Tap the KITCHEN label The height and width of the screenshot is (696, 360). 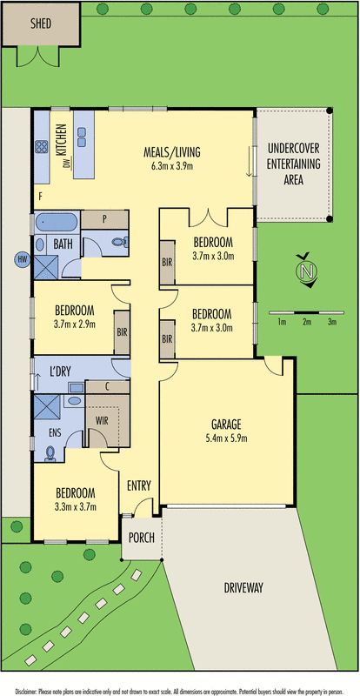coord(61,138)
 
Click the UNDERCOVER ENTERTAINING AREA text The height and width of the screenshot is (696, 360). coord(293,164)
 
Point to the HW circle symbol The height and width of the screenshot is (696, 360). coord(22,259)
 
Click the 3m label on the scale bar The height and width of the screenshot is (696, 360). coord(331,322)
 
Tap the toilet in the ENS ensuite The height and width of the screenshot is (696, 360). coord(51,453)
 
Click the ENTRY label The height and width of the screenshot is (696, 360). coord(139,485)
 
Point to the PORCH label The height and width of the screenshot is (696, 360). coord(141,538)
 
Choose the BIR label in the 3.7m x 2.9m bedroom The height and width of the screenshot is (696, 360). coord(122,331)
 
